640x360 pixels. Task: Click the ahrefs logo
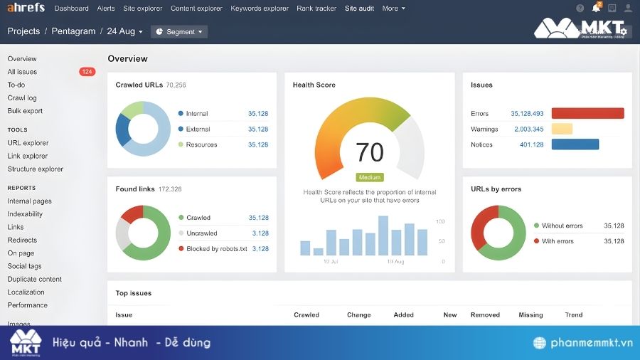pos(26,8)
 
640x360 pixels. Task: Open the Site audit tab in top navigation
pos(359,9)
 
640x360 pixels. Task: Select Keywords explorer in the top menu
pos(260,9)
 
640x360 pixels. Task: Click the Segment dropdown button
pos(179,31)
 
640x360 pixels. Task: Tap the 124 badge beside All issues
pos(87,72)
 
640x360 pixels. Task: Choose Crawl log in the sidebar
pos(22,98)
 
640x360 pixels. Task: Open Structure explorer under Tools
pos(36,169)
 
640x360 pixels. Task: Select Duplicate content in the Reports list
pos(35,280)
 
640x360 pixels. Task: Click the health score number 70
pos(369,152)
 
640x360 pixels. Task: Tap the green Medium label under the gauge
pos(370,177)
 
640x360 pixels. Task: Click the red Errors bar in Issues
pos(587,114)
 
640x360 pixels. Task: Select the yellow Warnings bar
pos(562,129)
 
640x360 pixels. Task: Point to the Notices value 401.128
pos(531,145)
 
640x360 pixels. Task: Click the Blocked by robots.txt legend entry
pos(217,249)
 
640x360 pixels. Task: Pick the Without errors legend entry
pos(562,226)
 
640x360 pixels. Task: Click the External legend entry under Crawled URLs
pos(198,129)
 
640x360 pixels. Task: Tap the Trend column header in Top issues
pos(573,314)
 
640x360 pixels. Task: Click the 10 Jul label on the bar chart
pos(331,262)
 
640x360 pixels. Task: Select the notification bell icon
pos(596,9)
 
